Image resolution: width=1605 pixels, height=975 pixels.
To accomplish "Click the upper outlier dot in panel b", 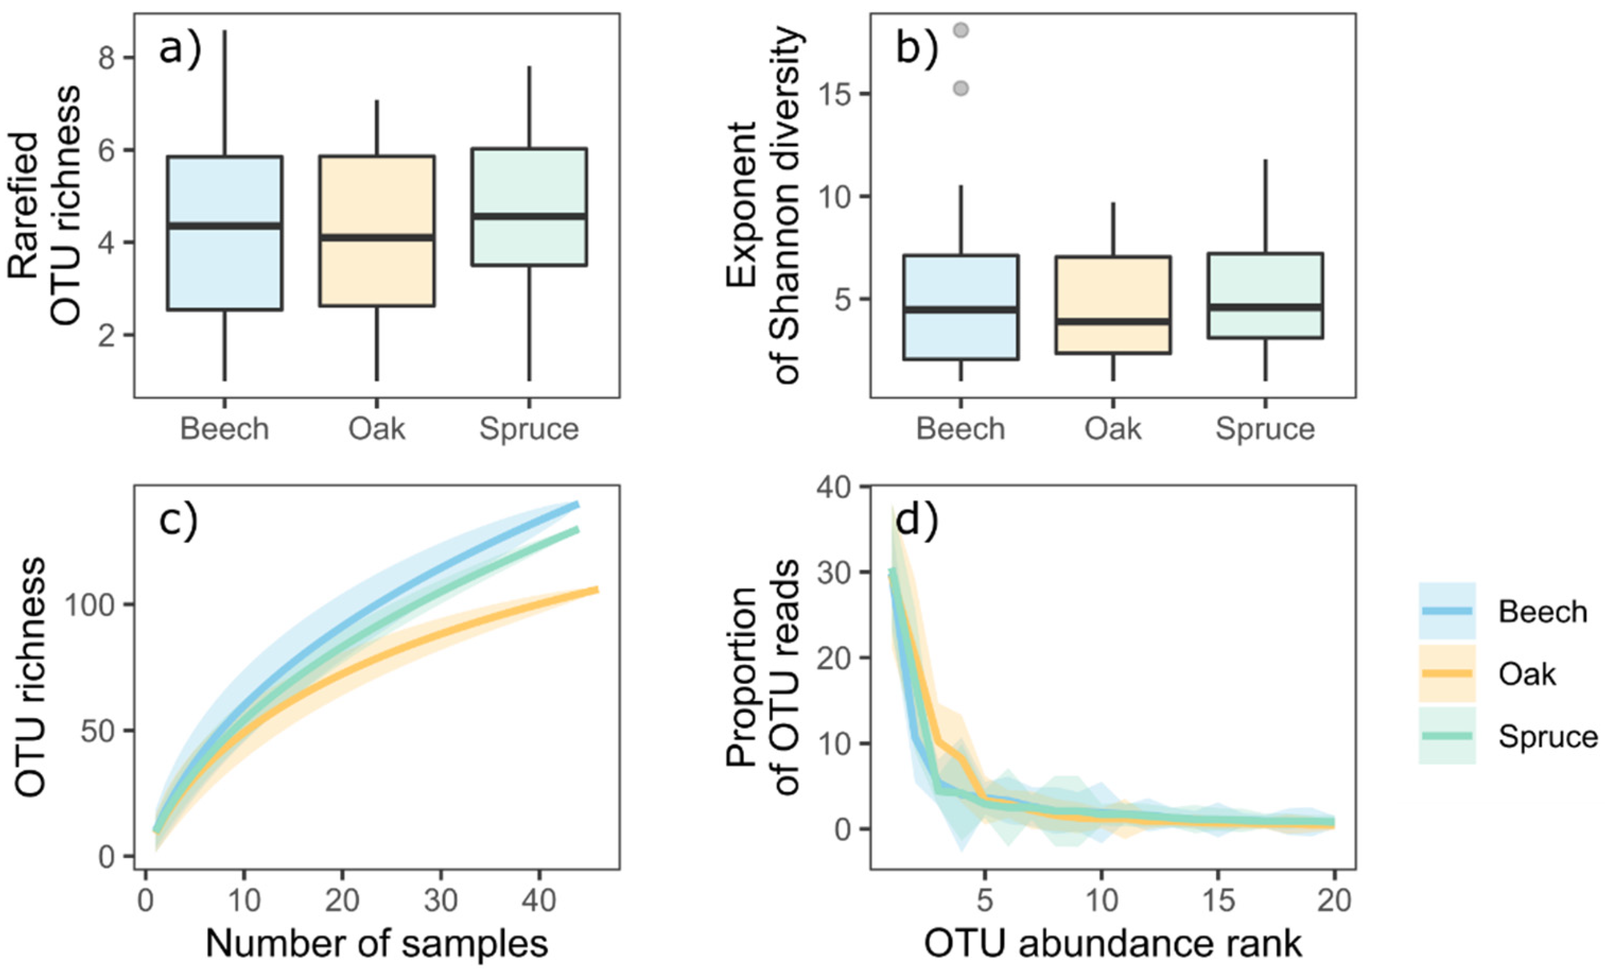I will pyautogui.click(x=961, y=31).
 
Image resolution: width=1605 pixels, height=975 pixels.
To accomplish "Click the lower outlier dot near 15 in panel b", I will pyautogui.click(x=961, y=88).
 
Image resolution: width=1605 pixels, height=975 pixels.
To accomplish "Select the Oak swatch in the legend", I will pyautogui.click(x=1447, y=673).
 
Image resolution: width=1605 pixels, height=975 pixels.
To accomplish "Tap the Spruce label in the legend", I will pyautogui.click(x=1548, y=736).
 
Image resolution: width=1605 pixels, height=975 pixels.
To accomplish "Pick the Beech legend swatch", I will pyautogui.click(x=1447, y=610).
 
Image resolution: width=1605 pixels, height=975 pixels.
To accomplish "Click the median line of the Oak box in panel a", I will pyautogui.click(x=377, y=237).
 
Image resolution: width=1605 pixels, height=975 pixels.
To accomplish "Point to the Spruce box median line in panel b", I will pyautogui.click(x=1265, y=307).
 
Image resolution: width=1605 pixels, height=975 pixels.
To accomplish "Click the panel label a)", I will pyautogui.click(x=180, y=49).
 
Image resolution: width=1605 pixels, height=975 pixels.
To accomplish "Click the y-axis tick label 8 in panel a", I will pyautogui.click(x=108, y=58).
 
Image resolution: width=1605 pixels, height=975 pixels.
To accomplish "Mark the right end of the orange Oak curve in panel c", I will pyautogui.click(x=596, y=590).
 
